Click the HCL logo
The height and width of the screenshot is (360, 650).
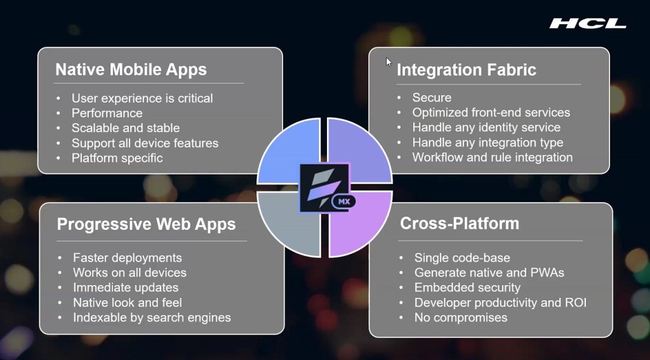coord(588,23)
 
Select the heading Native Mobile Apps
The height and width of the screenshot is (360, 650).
coord(131,69)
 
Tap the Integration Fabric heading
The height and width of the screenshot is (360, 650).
coord(467,70)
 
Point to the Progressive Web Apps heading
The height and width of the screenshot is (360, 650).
coord(147,224)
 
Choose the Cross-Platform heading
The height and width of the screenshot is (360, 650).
coord(460,223)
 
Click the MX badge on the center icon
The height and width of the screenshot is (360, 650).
coord(343,202)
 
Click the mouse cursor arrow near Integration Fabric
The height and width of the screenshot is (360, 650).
coord(388,62)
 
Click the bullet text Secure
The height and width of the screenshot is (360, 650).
coord(432,98)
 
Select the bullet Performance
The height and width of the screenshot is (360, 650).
coord(107,113)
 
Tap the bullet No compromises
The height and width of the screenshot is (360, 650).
coord(461,317)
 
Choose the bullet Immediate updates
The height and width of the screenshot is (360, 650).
coord(126,288)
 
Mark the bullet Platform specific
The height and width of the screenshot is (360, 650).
coord(117,158)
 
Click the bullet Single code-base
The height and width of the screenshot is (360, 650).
coord(462,258)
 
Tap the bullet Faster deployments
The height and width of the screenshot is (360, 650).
coord(127,258)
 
